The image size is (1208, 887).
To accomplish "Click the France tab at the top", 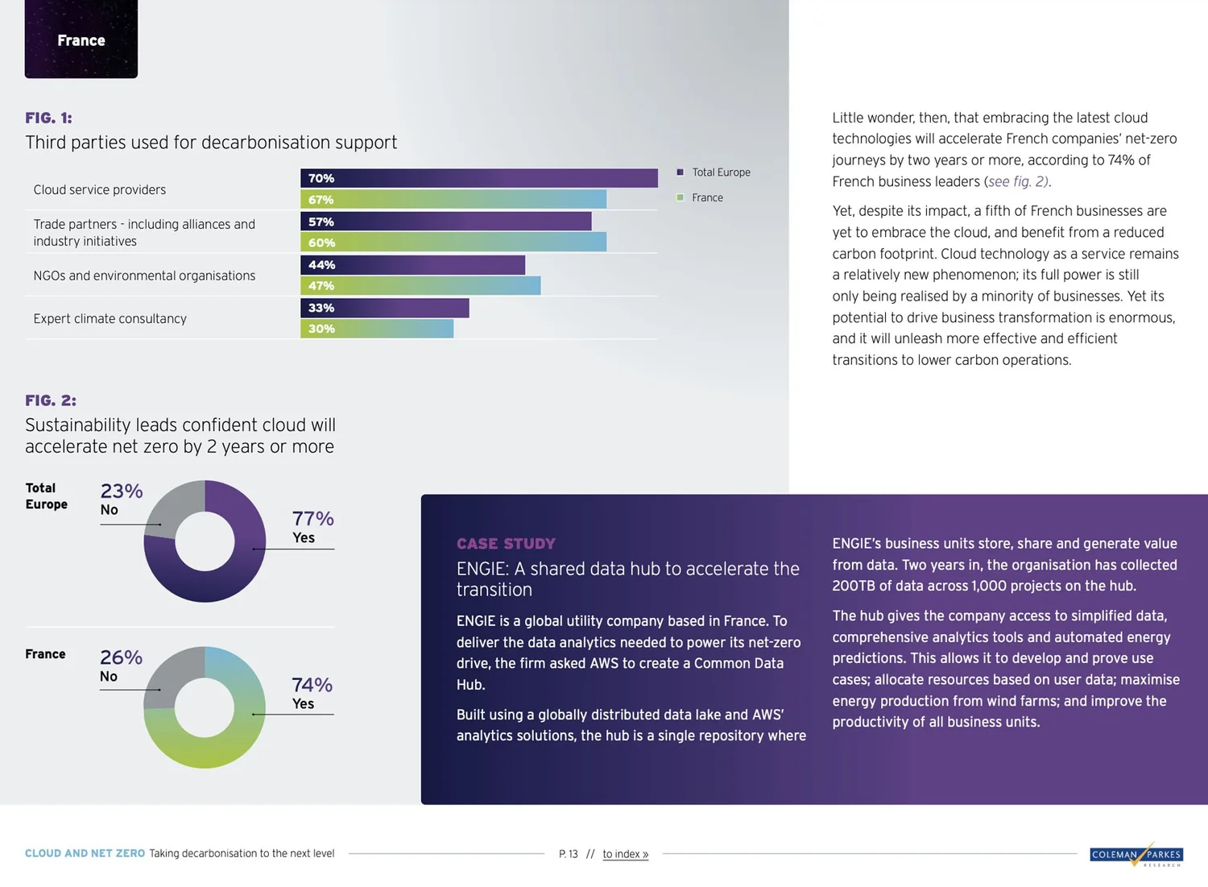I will [81, 39].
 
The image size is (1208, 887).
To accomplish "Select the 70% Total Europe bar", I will [478, 178].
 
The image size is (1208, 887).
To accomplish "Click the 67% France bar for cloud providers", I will [453, 199].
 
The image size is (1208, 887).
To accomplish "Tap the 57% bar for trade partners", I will [445, 222].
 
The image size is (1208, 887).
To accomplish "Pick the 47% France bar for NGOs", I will [420, 285].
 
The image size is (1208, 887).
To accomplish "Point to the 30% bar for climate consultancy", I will [376, 329].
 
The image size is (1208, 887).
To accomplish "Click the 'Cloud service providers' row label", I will [100, 189].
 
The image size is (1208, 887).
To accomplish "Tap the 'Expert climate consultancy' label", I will [110, 318].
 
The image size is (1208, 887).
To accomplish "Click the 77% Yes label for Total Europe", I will [312, 526].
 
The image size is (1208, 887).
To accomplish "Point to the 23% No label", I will [121, 499].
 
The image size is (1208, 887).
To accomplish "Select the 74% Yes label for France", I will [312, 693].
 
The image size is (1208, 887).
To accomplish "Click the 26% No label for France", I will [121, 665].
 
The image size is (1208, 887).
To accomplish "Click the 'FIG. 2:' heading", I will [51, 400].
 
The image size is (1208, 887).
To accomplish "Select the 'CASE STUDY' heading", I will [506, 544].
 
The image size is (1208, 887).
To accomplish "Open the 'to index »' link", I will [625, 854].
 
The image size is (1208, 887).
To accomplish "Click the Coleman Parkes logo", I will [1136, 855].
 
